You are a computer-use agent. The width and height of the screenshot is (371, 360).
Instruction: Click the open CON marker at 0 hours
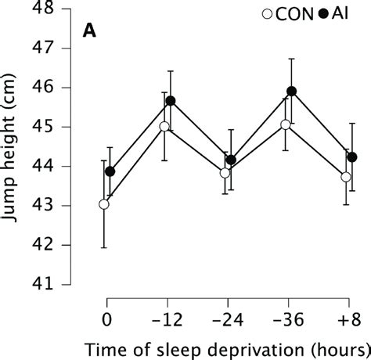[x=104, y=204]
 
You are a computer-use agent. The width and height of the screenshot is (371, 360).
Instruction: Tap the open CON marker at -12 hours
[x=164, y=126]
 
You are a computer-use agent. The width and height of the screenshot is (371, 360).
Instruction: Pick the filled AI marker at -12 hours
[x=171, y=101]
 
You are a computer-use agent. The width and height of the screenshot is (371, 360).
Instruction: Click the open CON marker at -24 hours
[x=225, y=173]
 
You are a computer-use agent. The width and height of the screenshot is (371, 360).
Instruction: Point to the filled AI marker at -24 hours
[x=231, y=160]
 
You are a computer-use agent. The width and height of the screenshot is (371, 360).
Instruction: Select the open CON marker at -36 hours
[x=286, y=124]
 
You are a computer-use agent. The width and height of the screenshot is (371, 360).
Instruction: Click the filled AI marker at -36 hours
[x=292, y=92]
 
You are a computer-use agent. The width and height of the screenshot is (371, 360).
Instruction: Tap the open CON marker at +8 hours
[x=346, y=177]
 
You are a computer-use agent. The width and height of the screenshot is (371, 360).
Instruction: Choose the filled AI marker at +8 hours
[x=352, y=157]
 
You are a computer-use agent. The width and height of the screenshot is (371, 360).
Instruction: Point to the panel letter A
[x=91, y=32]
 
